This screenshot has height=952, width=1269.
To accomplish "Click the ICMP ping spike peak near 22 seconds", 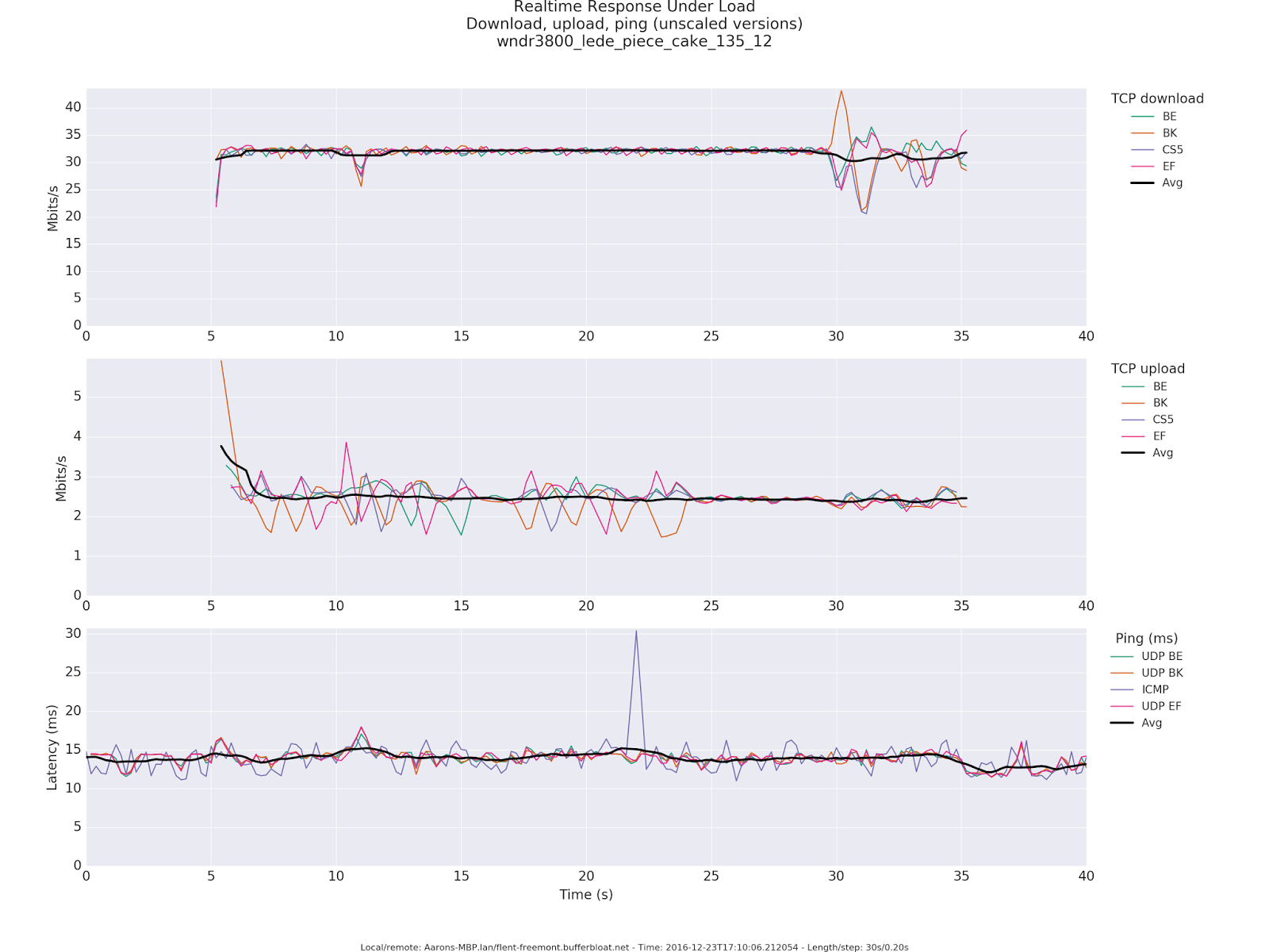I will [636, 631].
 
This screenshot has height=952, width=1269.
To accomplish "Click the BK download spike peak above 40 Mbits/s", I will [842, 91].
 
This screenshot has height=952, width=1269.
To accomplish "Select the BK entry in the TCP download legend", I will [1169, 133].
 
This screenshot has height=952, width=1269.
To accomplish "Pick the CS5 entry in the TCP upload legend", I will [1163, 420].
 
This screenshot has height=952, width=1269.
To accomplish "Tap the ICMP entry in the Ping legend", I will [1155, 689].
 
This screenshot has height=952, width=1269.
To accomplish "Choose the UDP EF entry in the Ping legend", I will [1161, 706].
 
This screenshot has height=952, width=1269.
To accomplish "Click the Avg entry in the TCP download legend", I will [1171, 182].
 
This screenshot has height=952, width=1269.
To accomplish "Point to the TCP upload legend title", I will [1148, 369].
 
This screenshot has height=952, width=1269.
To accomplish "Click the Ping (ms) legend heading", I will [1146, 639].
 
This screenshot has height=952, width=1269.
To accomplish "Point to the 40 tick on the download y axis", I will [73, 107].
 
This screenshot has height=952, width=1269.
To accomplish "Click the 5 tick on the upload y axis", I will [77, 397].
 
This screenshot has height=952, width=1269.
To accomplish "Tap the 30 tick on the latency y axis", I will [73, 633].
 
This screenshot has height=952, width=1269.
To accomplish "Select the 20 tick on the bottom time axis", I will [586, 876].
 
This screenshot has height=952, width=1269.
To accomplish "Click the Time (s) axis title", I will [586, 895].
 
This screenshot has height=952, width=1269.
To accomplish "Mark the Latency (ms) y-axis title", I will [52, 747].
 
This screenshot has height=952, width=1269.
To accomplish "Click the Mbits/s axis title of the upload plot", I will [61, 478].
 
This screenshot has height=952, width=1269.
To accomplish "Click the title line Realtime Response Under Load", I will [634, 7].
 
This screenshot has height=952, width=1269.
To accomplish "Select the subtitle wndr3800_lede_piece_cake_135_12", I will [634, 41].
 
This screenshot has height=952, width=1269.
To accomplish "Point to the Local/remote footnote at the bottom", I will [634, 947].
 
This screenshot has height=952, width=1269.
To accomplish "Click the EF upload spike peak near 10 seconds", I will [346, 443].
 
